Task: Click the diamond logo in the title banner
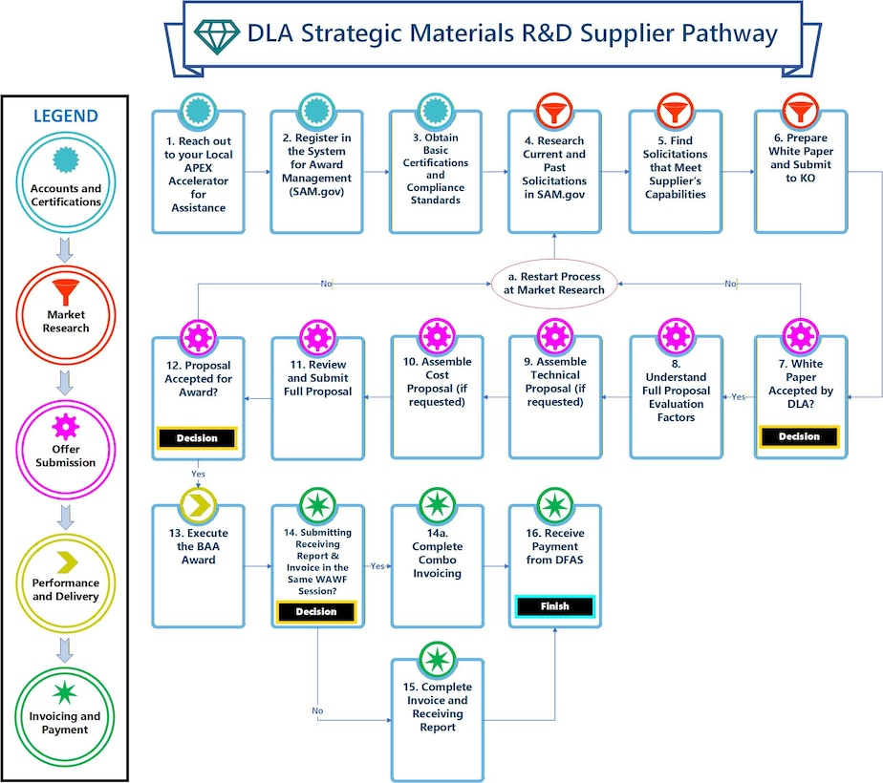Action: [215, 34]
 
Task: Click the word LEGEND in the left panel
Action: [66, 116]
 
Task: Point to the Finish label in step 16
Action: [554, 605]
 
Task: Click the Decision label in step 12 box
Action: [197, 438]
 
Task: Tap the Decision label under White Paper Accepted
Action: [799, 436]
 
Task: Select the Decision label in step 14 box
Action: [316, 611]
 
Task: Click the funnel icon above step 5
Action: [675, 112]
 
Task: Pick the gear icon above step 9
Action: [554, 336]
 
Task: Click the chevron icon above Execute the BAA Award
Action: [199, 504]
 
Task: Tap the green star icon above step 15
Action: [436, 659]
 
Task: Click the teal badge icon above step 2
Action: [316, 112]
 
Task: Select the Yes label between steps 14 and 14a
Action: [377, 566]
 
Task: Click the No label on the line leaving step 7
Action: [731, 284]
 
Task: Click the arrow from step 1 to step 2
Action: [257, 172]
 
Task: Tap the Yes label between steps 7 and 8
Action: [738, 397]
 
